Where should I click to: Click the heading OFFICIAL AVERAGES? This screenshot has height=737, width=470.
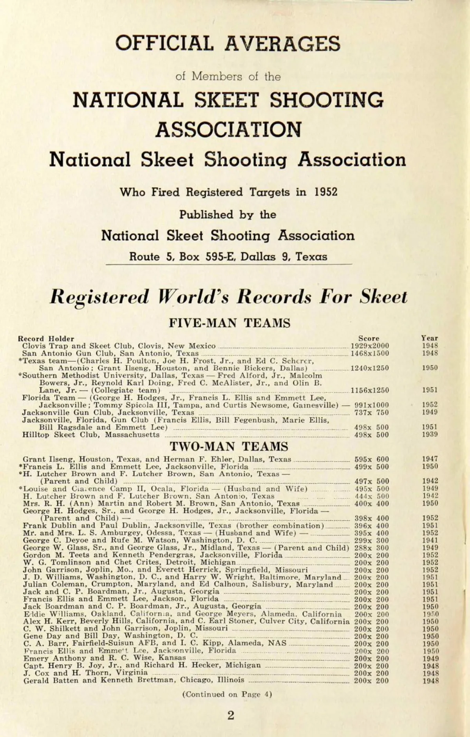coord(228,44)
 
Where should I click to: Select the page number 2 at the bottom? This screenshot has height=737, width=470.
coord(231,715)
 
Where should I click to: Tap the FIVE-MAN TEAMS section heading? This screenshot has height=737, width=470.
coord(230,323)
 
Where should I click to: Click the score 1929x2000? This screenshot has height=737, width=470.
coord(370,346)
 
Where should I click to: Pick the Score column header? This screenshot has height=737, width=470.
coord(369,338)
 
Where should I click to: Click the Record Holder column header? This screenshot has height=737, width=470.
coord(46,338)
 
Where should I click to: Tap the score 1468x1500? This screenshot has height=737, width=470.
coord(370,353)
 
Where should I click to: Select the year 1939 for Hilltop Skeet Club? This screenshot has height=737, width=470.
coord(430,434)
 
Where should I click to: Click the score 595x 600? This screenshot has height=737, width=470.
coord(372,459)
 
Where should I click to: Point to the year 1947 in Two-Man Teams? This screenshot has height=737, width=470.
coord(430,459)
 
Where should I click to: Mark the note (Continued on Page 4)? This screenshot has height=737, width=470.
coord(227,694)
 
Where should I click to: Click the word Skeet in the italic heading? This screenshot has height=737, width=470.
coord(383,297)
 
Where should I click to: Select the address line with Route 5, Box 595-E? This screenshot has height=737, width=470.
coord(228,257)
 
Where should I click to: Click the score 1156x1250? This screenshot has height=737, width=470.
coord(370,390)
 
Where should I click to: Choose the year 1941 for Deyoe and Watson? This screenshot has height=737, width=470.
coord(430,540)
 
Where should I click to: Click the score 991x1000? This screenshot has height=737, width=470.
coord(372,405)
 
